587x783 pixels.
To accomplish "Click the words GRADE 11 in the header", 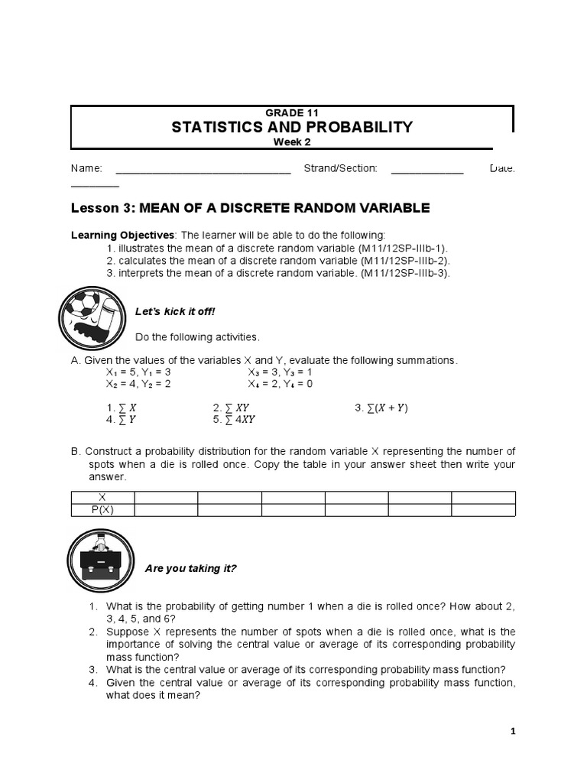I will (x=293, y=113).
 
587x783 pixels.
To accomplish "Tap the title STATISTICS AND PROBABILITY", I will (x=293, y=127).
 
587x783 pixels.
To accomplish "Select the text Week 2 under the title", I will (x=293, y=141).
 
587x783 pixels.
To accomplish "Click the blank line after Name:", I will (x=203, y=170).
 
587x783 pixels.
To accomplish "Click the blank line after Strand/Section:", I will (x=427, y=170).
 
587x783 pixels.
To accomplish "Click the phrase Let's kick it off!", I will (x=175, y=311).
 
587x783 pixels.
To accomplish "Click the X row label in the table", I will (x=102, y=497).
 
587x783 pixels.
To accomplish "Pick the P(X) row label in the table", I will (x=102, y=510).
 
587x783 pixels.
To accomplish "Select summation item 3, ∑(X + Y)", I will (x=381, y=408).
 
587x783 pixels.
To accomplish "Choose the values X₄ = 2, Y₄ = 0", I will (x=280, y=384).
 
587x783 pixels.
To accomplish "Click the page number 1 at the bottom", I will (x=513, y=731).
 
